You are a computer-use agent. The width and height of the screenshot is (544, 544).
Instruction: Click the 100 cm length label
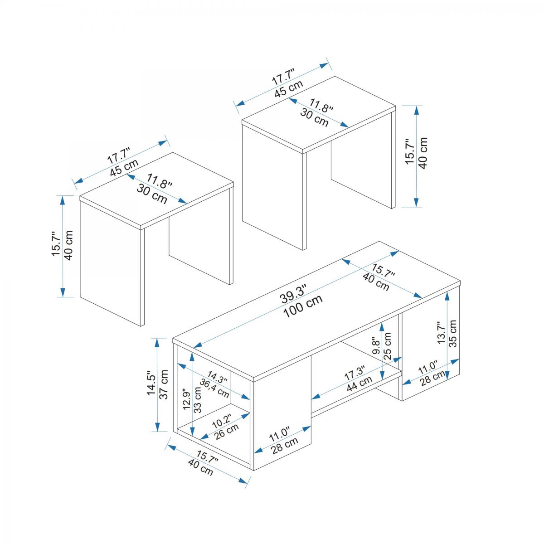click(x=303, y=306)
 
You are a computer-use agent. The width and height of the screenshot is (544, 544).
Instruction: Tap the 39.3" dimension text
click(x=294, y=294)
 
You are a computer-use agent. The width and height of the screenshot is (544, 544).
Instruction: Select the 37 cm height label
click(x=164, y=384)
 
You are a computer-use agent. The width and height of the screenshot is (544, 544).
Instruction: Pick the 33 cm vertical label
click(x=198, y=400)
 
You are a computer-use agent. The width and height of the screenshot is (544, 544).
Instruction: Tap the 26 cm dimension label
click(x=226, y=432)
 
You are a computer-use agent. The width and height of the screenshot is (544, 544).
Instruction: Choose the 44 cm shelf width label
click(x=359, y=384)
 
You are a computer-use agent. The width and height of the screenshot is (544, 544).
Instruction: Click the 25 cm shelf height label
click(x=388, y=346)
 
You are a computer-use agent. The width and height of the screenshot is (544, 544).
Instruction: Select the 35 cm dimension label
click(x=452, y=334)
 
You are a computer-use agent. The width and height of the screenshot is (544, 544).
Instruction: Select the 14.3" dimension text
click(x=218, y=378)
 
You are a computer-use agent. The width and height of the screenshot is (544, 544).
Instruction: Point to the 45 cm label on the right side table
click(x=289, y=88)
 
